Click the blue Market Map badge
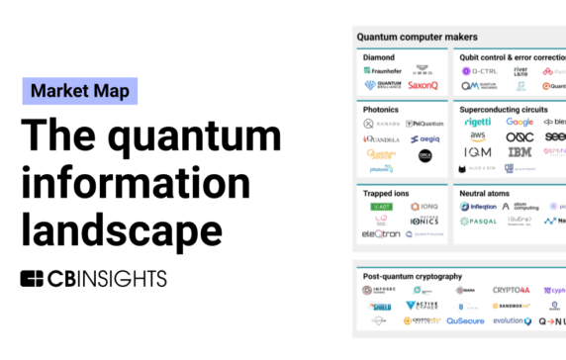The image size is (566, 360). [80, 91]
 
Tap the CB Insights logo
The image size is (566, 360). [94, 278]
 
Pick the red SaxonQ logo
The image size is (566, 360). [422, 86]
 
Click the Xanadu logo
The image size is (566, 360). [382, 124]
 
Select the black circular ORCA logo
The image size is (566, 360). [426, 155]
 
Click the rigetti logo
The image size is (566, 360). [477, 122]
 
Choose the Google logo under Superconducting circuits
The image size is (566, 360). [519, 122]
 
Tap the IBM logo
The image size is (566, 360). [519, 152]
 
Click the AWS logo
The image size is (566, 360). [478, 136]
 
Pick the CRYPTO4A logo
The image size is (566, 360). [514, 290]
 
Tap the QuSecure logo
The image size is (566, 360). [464, 320]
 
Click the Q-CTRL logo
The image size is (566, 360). [480, 71]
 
